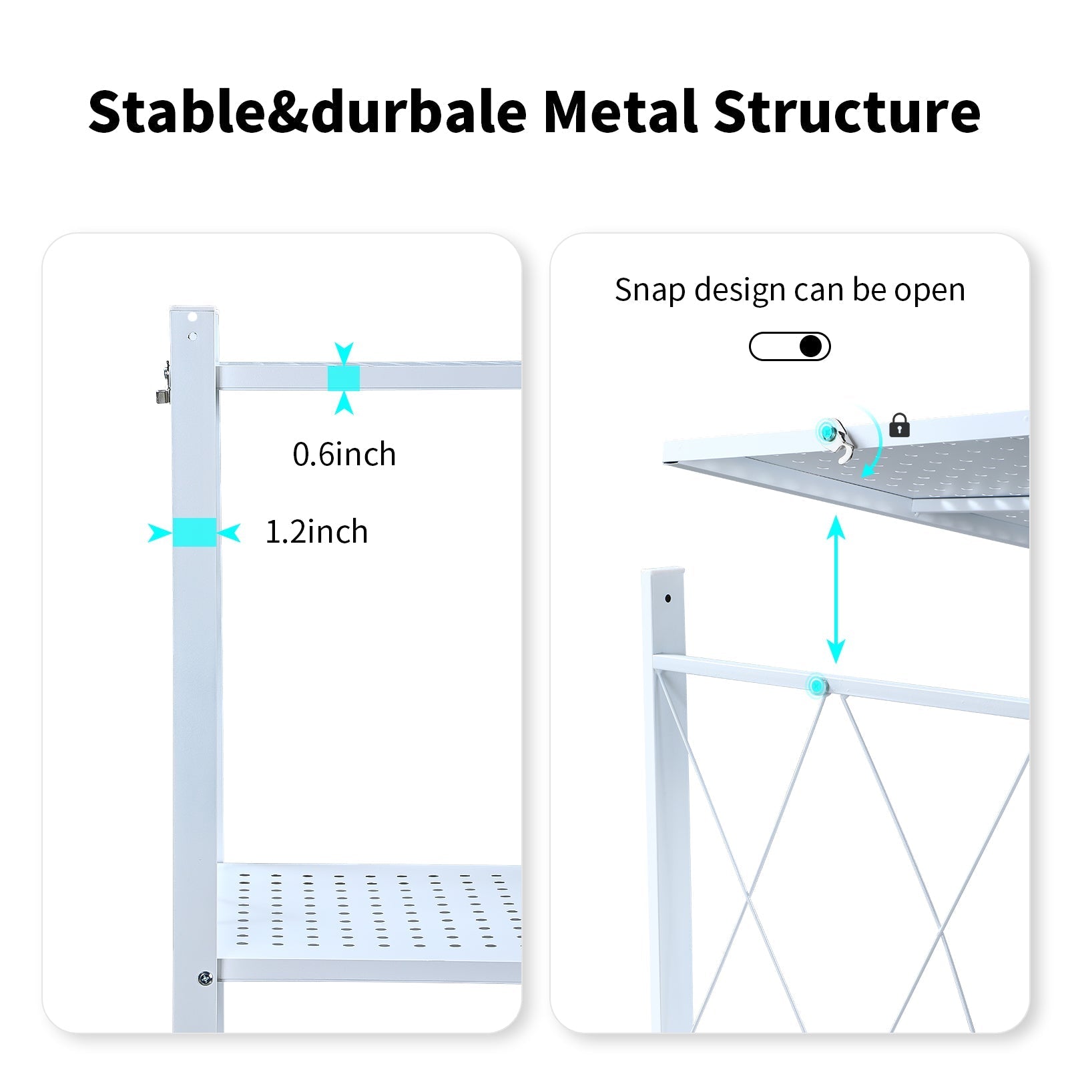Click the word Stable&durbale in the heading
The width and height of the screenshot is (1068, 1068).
tap(308, 111)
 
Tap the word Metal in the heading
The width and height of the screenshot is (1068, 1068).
tap(621, 111)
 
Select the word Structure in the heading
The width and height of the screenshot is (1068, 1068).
tap(846, 111)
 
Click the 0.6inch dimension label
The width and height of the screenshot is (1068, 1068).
tap(344, 455)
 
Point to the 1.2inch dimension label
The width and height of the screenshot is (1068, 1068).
tap(316, 532)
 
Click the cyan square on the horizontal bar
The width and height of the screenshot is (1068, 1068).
tap(344, 378)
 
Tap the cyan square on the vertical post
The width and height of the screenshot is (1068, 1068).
tap(194, 533)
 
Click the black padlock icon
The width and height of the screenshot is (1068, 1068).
tap(899, 425)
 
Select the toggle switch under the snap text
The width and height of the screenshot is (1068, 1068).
tap(790, 346)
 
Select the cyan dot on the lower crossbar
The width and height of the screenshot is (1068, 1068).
tap(816, 685)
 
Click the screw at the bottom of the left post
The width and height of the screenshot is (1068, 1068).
tap(206, 979)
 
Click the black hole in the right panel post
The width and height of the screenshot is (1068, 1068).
tap(667, 598)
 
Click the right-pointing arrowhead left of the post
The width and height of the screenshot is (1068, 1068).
tap(159, 533)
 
